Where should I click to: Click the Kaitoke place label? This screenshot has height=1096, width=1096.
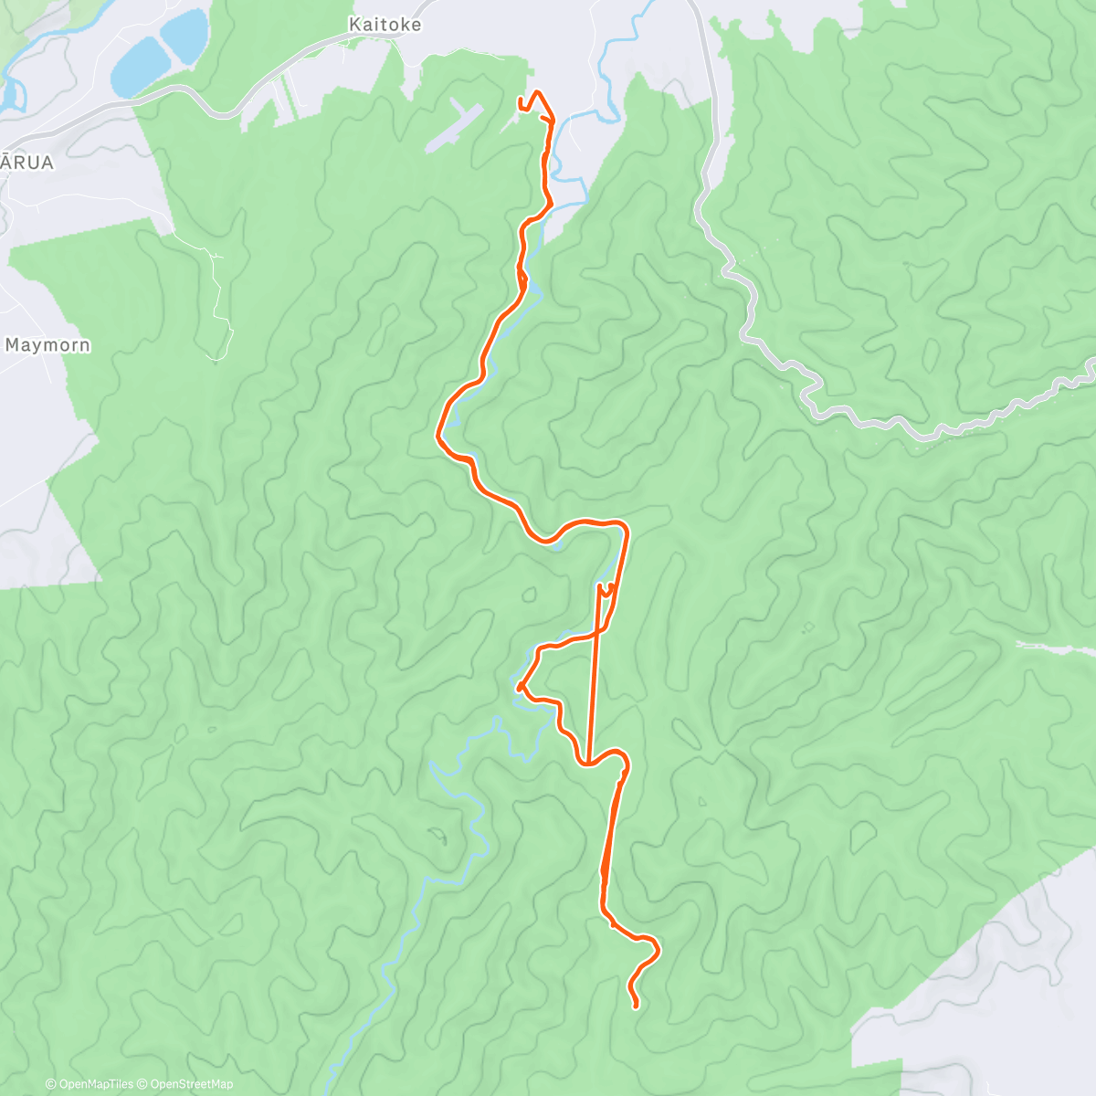(385, 25)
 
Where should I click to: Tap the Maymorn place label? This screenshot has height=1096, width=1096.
(47, 345)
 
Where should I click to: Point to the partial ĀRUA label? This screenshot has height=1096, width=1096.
(26, 163)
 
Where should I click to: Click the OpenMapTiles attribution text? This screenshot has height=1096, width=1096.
(95, 1084)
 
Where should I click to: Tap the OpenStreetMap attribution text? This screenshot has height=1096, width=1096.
(191, 1084)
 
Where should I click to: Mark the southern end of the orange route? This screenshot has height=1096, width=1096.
(636, 1006)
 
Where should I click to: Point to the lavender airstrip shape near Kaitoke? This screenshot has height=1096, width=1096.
(454, 127)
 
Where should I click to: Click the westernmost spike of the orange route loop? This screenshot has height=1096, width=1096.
(519, 686)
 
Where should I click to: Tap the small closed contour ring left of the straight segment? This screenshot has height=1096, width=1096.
(529, 595)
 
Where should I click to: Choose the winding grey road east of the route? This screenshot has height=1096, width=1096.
(758, 311)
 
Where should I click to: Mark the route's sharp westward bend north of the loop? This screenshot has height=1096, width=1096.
(439, 435)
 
